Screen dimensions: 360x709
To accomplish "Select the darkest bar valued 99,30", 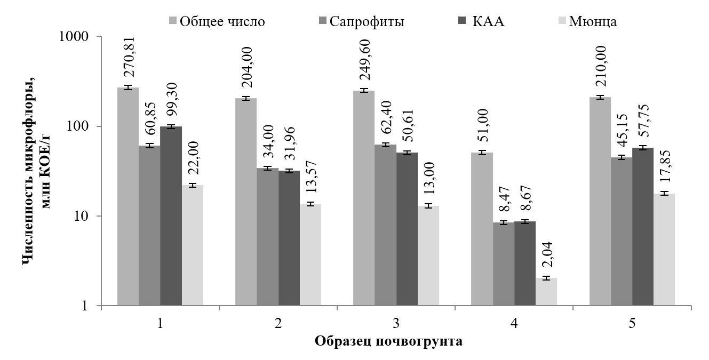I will click(171, 215).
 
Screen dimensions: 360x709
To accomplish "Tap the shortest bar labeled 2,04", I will click(546, 292).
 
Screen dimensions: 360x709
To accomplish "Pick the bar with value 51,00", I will click(482, 229).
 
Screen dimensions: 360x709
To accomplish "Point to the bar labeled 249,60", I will click(363, 198).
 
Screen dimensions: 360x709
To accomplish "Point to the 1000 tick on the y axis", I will click(79, 37).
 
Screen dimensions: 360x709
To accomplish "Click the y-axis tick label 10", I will click(85, 217).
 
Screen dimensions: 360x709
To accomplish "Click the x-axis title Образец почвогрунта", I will click(388, 342).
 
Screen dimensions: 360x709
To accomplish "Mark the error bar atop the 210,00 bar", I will click(600, 98).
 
